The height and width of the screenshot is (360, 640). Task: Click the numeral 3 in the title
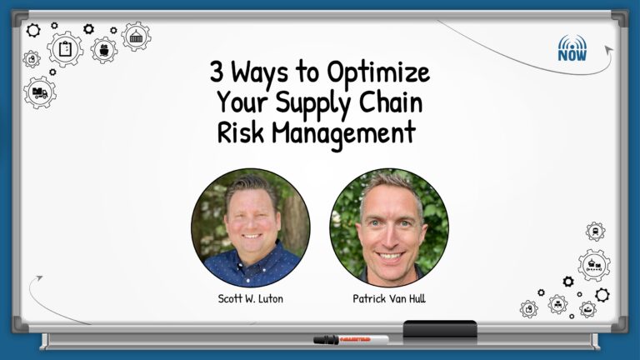[217, 72]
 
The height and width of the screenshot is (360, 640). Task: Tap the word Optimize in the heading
[378, 73]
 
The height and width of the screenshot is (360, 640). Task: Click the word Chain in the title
[391, 101]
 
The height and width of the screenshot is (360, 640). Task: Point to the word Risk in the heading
[241, 132]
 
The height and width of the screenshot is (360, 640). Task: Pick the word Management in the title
[343, 135]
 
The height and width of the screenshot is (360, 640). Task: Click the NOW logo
[572, 48]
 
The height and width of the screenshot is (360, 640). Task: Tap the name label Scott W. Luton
[250, 299]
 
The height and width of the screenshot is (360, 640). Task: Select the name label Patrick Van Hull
[389, 299]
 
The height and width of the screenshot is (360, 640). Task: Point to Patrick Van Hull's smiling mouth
[390, 257]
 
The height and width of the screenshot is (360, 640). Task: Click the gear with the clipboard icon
[65, 49]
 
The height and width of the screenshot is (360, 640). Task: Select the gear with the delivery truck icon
[40, 92]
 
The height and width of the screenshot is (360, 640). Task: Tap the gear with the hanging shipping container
[137, 37]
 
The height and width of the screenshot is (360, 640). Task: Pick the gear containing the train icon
[596, 232]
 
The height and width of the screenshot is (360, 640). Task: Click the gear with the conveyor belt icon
[594, 265]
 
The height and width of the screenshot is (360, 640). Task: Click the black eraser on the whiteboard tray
[440, 329]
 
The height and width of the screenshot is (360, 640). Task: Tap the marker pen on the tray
[351, 340]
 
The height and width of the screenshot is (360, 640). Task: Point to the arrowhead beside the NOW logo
[609, 49]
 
